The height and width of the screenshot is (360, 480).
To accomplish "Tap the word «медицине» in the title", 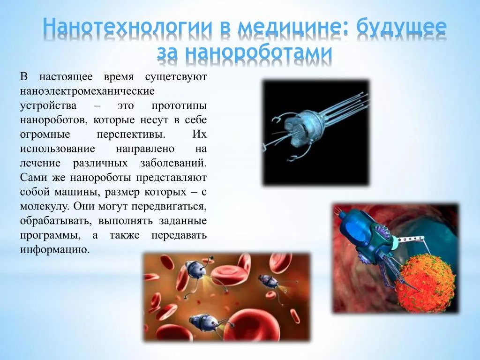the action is click(x=289, y=27).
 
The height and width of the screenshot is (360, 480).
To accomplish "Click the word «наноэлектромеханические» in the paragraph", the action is click(x=87, y=91).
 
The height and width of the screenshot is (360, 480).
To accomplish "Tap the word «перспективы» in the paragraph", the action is click(x=131, y=135).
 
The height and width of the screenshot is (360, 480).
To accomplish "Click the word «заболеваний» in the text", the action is click(x=173, y=163).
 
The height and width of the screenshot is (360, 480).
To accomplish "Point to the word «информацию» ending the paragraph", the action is click(x=55, y=250).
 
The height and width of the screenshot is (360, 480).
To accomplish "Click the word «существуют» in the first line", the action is click(x=176, y=77).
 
